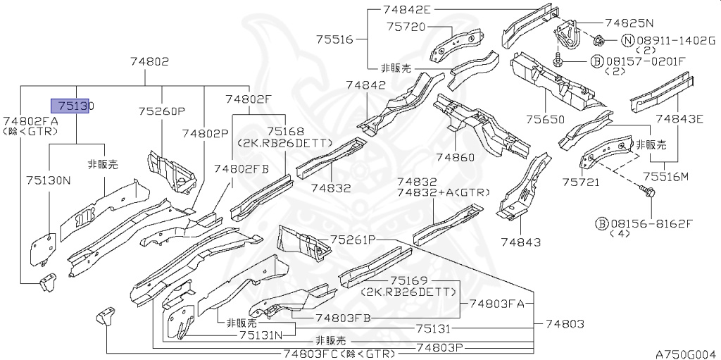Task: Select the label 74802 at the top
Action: [149, 61]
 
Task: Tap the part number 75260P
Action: [161, 111]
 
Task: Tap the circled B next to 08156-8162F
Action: [601, 223]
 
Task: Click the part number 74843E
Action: [679, 118]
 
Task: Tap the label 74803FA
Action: [497, 304]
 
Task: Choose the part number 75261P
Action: [354, 240]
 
